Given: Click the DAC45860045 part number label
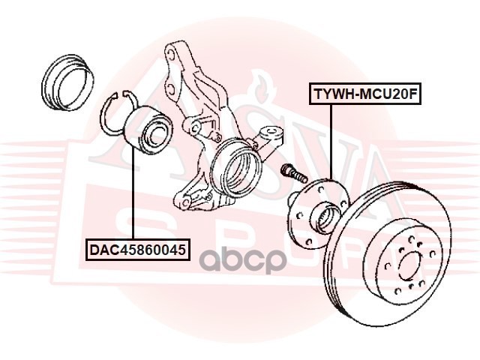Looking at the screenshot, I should coord(136,248).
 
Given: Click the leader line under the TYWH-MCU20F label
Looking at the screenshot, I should coord(329,142).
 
